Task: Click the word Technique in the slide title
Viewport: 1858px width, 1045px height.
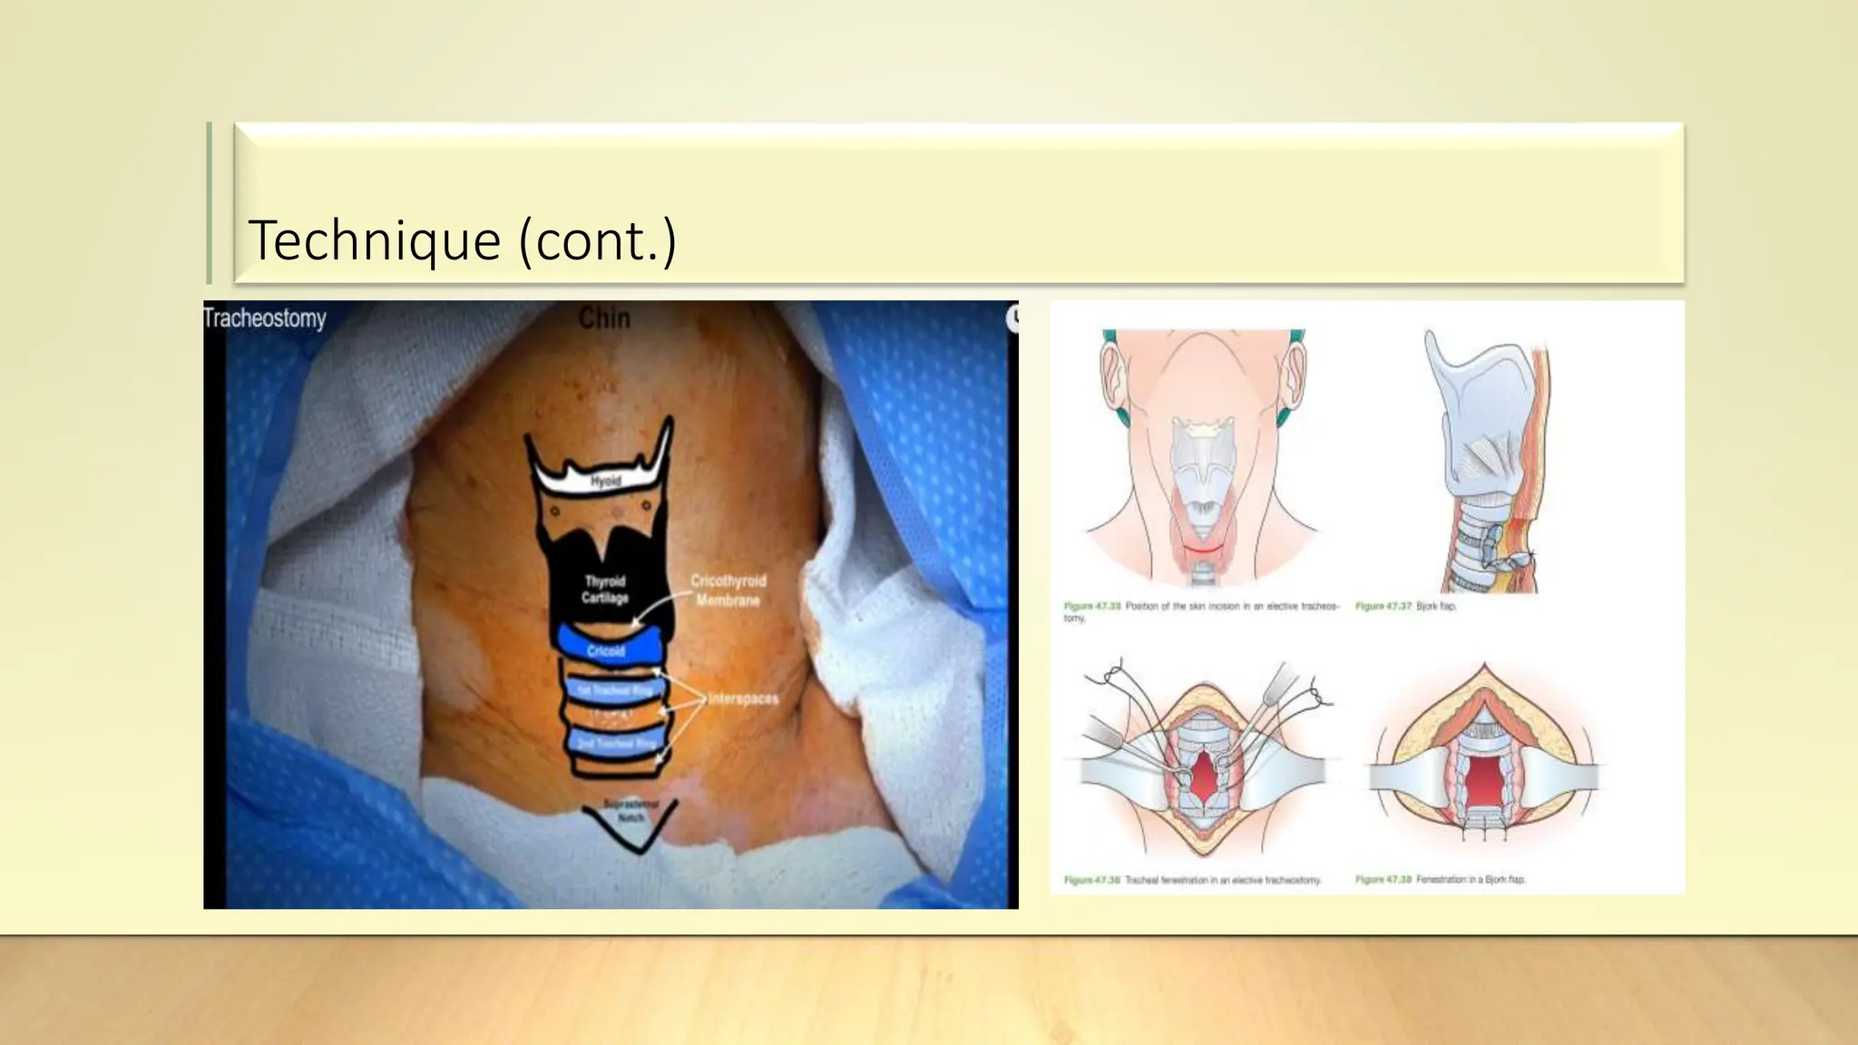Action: tap(374, 240)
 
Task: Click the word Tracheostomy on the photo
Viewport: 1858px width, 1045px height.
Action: tap(265, 318)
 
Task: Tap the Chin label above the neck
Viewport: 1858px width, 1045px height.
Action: tap(603, 317)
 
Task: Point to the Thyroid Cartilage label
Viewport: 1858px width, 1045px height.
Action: tap(605, 589)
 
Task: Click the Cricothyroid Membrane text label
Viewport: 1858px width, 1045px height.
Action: tap(729, 590)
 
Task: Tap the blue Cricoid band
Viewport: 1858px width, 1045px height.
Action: tap(607, 648)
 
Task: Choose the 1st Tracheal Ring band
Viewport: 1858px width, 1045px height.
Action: tap(614, 690)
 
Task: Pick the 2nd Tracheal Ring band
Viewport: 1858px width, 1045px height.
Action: tap(615, 743)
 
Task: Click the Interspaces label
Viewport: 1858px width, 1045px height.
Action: tap(743, 698)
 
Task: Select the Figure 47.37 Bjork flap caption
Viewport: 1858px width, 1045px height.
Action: tap(1405, 606)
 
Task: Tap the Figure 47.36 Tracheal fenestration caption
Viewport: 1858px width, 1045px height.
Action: tap(1192, 880)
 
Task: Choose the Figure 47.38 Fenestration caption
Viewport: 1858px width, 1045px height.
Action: tap(1441, 879)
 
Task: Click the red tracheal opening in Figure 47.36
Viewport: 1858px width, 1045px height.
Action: tap(1203, 776)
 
